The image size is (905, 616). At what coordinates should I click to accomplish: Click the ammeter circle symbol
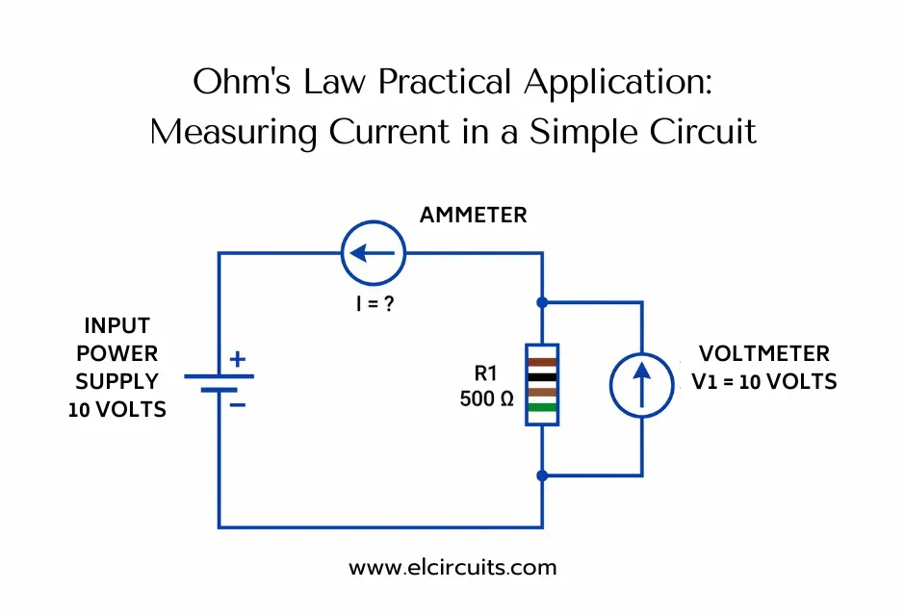pos(374,254)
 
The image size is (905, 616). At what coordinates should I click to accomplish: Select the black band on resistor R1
pos(542,377)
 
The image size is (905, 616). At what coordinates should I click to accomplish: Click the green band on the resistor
pos(542,407)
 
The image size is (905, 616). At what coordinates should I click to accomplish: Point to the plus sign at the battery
pos(238,360)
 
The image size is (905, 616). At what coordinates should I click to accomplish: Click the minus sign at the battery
pos(238,404)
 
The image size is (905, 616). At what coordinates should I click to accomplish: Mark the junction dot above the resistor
pos(542,302)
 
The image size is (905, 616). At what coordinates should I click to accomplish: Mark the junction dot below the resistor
pos(542,475)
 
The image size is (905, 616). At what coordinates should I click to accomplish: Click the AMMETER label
pos(473,215)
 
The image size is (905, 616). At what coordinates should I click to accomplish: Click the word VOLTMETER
pos(764,353)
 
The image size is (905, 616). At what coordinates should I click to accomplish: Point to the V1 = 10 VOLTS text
pos(764,381)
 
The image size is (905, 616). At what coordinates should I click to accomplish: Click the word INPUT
pos(116,325)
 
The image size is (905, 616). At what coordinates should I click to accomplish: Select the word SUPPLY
pos(116,381)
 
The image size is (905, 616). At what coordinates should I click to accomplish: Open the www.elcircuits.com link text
pos(452,567)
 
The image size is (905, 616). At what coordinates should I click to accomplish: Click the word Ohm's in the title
pos(237,84)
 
